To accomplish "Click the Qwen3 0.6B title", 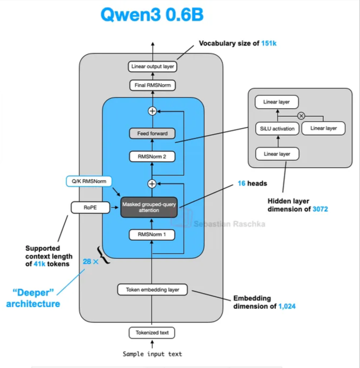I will tap(151, 15).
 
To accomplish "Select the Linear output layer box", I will tap(152, 66).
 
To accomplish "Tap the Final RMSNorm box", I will tap(152, 86).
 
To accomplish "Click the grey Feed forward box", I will tap(152, 134).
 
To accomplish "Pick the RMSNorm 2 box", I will tap(152, 156).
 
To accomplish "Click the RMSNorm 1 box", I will tap(152, 234).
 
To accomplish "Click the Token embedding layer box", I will tap(152, 289).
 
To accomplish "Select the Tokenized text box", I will tap(152, 332).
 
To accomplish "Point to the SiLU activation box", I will tap(277, 129).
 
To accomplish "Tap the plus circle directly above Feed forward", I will tap(152, 111).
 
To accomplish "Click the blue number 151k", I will tap(268, 44).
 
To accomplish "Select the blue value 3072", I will tap(320, 209).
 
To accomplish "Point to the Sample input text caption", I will tap(152, 354).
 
